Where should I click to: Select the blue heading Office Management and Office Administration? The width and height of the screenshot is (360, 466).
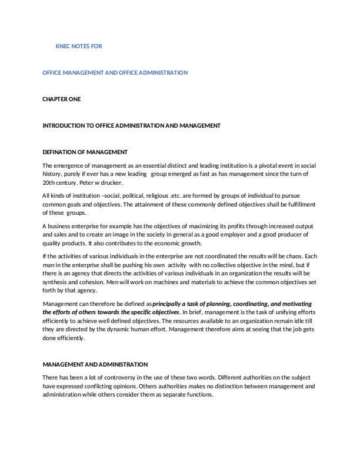115,72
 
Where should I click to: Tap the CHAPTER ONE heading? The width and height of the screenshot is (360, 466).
62,99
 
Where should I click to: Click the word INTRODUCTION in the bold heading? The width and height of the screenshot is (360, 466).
64,125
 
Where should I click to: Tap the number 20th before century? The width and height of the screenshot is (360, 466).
49,182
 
